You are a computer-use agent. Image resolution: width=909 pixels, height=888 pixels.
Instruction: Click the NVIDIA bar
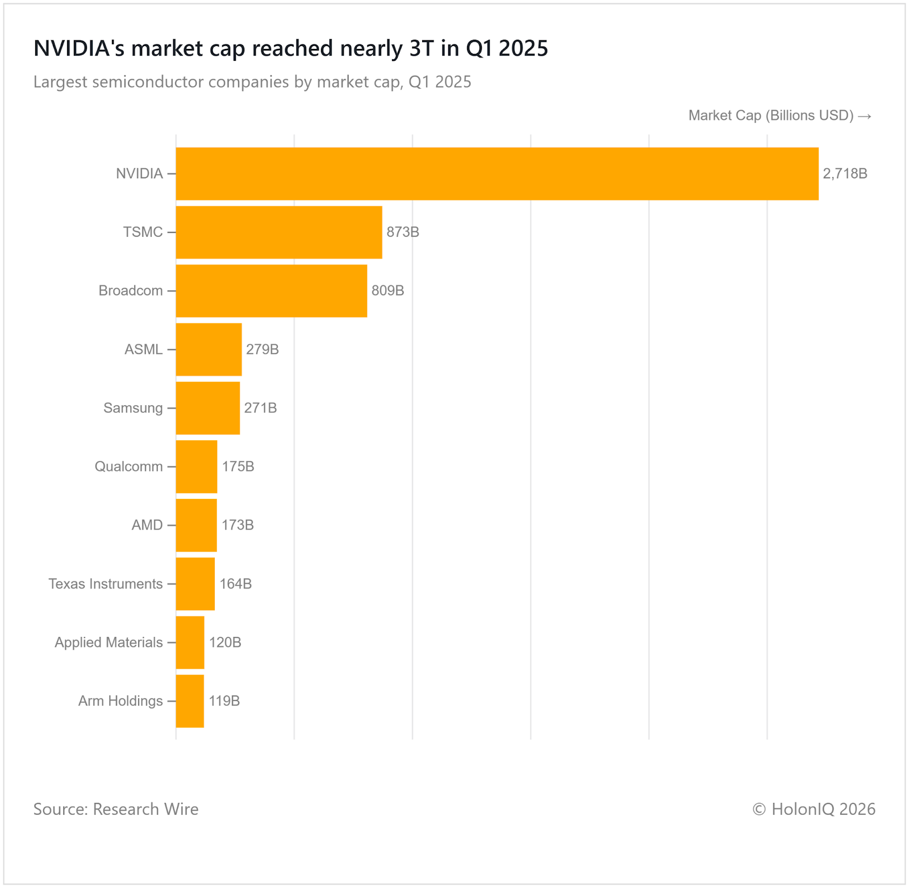pos(497,174)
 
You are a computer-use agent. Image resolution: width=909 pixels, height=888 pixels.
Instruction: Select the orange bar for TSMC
pos(279,232)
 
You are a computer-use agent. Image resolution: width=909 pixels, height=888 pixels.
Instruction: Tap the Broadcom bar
pos(272,291)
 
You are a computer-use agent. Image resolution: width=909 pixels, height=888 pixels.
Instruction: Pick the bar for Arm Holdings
pos(190,701)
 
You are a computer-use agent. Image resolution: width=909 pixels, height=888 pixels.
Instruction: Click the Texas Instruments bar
pos(195,584)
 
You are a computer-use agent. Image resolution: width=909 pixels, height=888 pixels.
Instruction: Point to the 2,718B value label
pos(845,174)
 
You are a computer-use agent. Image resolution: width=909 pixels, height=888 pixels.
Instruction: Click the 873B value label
pos(403,232)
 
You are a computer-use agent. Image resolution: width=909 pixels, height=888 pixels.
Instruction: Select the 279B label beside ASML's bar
pos(262,349)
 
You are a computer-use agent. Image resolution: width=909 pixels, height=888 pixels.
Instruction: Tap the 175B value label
pos(237,466)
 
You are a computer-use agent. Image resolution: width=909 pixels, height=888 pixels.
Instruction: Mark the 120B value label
pos(225,643)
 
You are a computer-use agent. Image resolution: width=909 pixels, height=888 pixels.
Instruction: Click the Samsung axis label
pos(133,408)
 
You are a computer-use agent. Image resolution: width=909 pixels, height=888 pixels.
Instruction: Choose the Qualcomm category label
pos(128,466)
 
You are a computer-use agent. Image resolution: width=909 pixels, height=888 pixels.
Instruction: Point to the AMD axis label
pos(147,525)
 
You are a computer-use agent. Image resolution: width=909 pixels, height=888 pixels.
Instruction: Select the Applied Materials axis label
pos(109,643)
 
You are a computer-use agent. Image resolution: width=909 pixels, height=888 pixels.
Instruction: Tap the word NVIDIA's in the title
pos(79,49)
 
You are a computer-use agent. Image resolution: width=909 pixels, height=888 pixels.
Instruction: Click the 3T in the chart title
pos(422,49)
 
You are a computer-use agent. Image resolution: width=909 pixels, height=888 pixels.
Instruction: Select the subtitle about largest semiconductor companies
pos(252,82)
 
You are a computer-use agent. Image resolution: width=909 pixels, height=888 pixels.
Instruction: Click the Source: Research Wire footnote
pos(116,809)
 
